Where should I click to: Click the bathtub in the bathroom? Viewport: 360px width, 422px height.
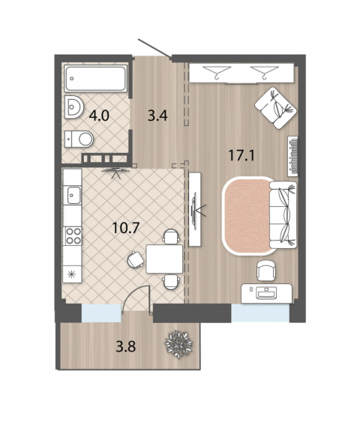coord(95,78)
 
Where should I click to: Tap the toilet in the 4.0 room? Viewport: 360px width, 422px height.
coord(79,139)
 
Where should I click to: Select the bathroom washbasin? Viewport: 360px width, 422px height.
coord(73,107)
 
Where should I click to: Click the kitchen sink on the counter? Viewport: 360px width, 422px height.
coord(73,195)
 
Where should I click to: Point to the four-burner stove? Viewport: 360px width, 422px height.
coord(73,236)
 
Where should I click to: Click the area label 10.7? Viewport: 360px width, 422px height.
coord(125,228)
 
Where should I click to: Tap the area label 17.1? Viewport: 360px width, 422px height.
coord(241,155)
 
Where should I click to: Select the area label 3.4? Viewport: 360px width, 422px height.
coord(157,115)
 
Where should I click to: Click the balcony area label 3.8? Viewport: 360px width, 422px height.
coord(126,346)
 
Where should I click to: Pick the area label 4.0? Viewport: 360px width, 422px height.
coord(99,115)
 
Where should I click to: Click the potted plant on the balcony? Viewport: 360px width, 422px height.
coord(178,345)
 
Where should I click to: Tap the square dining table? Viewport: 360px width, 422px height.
coord(164,259)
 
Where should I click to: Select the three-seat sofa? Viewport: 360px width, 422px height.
coord(283,215)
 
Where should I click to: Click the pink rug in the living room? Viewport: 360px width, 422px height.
coord(246,216)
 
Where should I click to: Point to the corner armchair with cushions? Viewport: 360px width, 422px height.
coord(275,108)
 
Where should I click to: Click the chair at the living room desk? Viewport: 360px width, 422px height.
coord(266,271)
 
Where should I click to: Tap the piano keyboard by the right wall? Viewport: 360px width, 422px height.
coord(292,157)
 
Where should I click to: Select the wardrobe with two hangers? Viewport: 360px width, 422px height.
coord(241,73)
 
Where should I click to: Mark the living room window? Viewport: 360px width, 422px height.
coord(260,313)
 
